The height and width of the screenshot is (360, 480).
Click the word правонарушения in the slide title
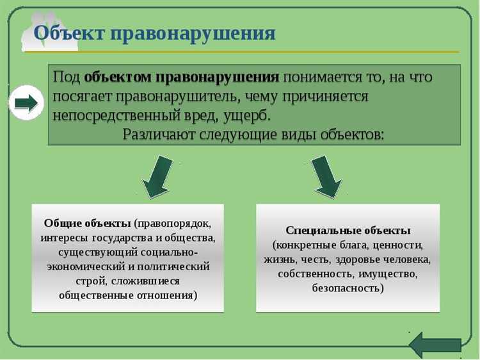(x=193, y=33)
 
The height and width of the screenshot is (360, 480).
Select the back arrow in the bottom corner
(x=435, y=344)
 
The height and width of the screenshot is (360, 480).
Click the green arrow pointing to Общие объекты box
(x=157, y=177)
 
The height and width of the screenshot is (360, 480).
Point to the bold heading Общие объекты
(x=88, y=223)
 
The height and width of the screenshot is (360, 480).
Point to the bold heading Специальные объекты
(x=348, y=230)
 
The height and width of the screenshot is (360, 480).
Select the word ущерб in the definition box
(x=249, y=115)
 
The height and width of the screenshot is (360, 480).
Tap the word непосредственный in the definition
(x=113, y=115)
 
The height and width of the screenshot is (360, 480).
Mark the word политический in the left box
(x=173, y=266)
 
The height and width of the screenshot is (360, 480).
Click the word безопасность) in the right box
(x=348, y=288)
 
